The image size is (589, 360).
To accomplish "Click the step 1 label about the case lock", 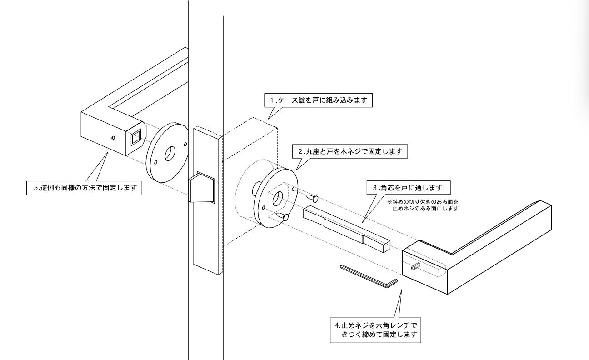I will (x=318, y=100).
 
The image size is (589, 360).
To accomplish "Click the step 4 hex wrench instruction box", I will (x=375, y=330).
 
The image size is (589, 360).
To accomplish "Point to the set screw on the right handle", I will (x=415, y=267).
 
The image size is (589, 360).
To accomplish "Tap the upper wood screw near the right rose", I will (x=312, y=198).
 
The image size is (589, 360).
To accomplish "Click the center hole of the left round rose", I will (x=170, y=154).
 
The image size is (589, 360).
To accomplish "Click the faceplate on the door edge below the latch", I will (x=205, y=236).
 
